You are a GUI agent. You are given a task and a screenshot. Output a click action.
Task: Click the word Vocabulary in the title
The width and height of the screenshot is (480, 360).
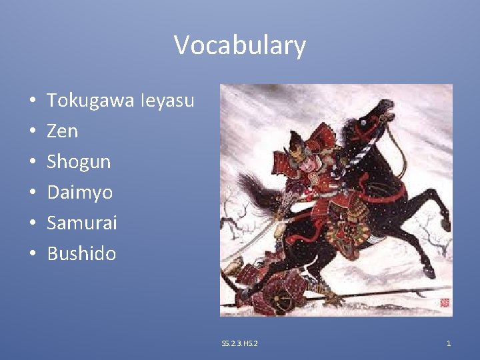point(240,45)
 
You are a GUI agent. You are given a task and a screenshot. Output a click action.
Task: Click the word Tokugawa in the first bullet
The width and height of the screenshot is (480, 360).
point(91,101)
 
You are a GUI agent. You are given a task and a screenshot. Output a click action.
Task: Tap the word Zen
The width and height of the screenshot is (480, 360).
point(62,131)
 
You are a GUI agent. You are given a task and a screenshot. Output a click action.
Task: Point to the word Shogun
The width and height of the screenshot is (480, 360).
point(79,162)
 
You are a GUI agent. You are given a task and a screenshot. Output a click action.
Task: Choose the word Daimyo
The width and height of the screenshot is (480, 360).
point(79,193)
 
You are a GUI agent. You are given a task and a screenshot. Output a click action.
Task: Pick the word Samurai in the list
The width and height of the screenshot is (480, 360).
point(81,223)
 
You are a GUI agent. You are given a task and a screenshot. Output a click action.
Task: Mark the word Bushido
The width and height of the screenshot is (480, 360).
point(81,253)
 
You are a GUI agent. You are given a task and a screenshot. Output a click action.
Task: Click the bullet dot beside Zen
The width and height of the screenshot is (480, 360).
point(33,132)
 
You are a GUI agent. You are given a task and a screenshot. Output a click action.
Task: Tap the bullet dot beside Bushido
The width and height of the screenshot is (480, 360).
point(33,254)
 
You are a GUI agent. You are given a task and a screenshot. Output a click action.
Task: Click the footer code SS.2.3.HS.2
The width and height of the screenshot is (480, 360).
point(240,343)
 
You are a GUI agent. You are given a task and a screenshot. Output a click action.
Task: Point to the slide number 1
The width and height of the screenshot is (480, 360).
point(449,343)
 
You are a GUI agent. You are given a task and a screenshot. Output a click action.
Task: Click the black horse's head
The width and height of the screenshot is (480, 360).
point(373,120)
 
